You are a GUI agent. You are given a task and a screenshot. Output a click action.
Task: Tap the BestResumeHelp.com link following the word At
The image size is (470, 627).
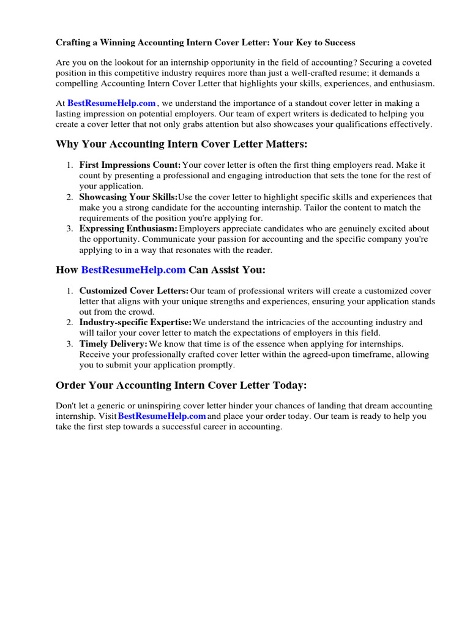(111, 103)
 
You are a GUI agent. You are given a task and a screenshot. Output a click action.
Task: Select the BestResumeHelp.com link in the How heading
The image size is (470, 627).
(133, 270)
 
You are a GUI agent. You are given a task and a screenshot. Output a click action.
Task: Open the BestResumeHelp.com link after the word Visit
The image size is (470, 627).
(162, 416)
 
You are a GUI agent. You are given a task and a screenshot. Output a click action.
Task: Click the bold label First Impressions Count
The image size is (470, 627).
(130, 165)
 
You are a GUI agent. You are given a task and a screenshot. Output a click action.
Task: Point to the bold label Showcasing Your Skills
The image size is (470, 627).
(128, 197)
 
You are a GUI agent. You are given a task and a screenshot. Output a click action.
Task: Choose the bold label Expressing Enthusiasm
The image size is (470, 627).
(128, 229)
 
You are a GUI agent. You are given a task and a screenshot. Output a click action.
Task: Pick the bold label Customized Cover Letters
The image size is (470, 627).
(134, 291)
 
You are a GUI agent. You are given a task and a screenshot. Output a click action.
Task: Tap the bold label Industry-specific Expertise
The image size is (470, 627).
(135, 323)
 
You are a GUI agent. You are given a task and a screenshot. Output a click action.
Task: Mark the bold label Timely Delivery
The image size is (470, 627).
(113, 344)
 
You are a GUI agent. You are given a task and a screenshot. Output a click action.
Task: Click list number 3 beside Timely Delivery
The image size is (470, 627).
(70, 344)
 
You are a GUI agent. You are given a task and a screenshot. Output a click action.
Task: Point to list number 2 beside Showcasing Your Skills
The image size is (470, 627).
(70, 197)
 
